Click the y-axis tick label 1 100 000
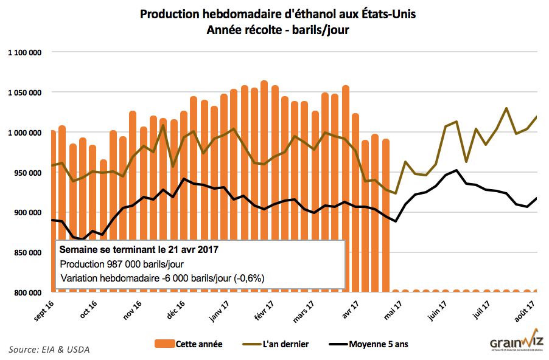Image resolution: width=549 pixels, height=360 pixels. pyautogui.click(x=24, y=52)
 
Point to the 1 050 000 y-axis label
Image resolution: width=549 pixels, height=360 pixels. pyautogui.click(x=24, y=92)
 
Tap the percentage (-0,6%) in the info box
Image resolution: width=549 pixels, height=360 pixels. pyautogui.click(x=247, y=279)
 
